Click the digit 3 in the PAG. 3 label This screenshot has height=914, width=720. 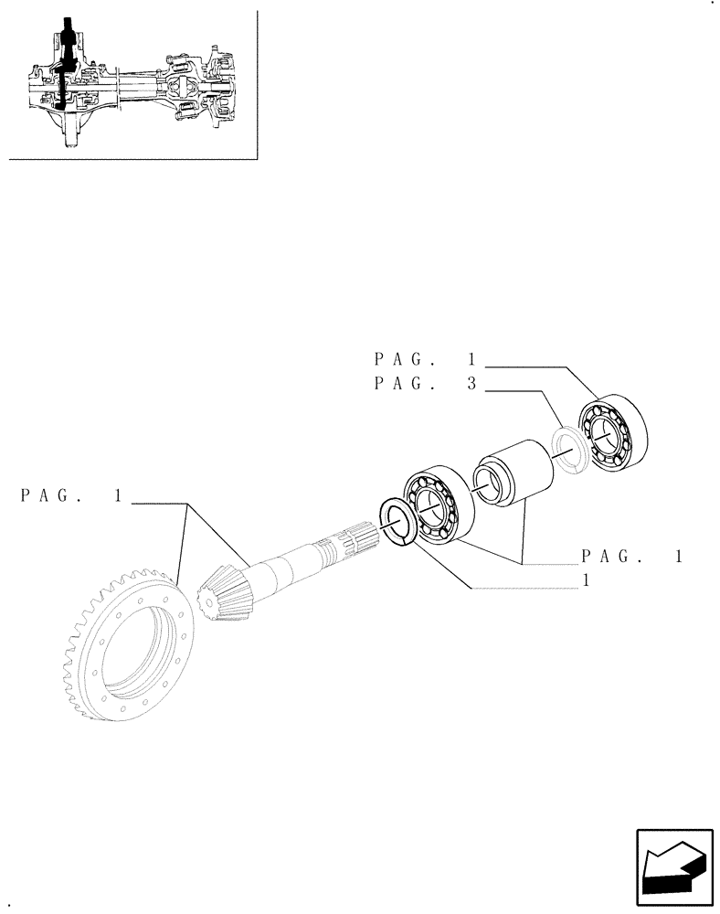click(x=471, y=385)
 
